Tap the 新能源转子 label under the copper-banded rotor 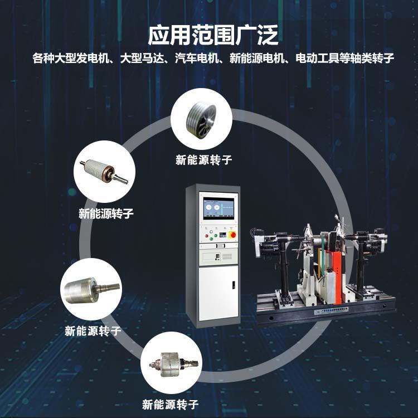click(x=106, y=213)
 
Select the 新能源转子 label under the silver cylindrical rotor click(x=93, y=330)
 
